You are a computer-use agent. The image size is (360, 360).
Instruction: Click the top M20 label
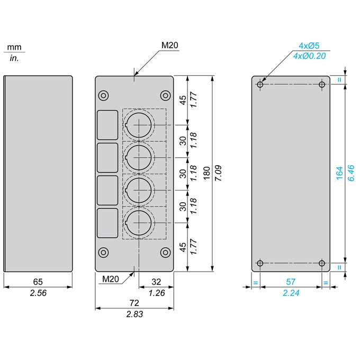pos(169,45)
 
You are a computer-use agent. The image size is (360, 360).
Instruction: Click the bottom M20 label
pos(111,279)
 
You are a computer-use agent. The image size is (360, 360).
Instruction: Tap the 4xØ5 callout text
pos(309,46)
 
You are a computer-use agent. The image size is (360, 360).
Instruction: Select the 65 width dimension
pos(38,282)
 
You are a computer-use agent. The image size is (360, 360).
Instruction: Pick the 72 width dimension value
pos(134,303)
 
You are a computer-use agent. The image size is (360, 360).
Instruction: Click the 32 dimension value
pos(156,282)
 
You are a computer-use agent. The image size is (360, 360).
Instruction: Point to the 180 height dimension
pos(206,173)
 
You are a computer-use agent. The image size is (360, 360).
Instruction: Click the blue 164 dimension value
pos(339,173)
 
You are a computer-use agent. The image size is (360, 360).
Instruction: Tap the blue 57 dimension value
pos(291,282)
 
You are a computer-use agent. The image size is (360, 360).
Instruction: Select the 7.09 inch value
pos(218,173)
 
